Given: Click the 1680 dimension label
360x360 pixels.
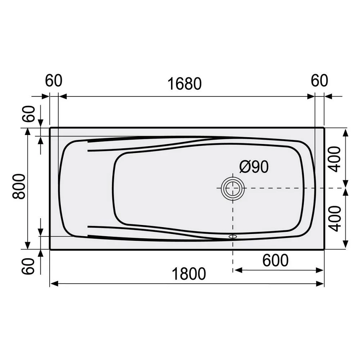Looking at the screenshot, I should coord(184,84).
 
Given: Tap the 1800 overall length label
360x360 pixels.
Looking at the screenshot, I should coord(189,274).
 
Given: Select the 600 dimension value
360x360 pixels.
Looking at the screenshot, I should coord(275,260).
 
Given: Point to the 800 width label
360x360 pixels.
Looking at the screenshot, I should coord(19,186).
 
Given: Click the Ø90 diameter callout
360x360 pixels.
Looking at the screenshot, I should coord(254,167).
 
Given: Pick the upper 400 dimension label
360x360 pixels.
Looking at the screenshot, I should coord(334,159).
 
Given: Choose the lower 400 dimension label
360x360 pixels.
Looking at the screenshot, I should coord(334,218).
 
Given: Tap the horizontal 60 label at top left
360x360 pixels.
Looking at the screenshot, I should coord(54,81).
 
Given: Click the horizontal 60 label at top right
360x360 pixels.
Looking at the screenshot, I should coord(319,81).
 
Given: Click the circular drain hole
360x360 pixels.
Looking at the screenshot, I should coord(233,188).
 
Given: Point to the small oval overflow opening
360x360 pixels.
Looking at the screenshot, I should coord(233,237).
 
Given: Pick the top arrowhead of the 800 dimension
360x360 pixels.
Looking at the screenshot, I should coord(27,132).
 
